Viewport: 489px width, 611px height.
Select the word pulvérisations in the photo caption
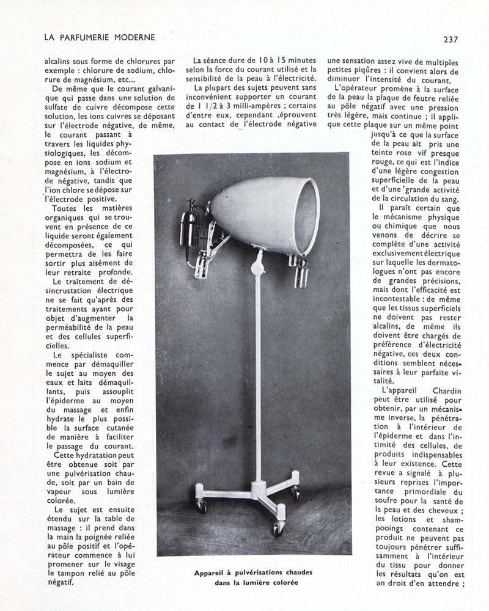pyautogui.click(x=263, y=573)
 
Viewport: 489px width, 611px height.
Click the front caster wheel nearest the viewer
pyautogui.click(x=278, y=529)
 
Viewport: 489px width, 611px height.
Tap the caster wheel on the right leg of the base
pyautogui.click(x=295, y=492)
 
